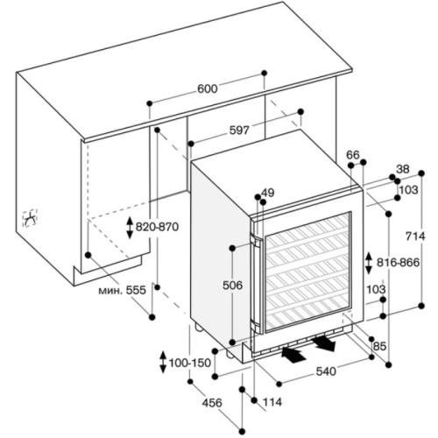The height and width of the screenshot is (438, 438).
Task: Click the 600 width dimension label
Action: point(208,88)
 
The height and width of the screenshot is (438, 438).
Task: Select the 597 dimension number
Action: point(239,131)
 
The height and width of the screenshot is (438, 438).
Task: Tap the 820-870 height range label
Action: point(157,227)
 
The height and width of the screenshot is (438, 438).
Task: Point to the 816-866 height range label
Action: point(398,263)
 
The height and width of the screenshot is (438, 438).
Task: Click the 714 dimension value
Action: point(415,236)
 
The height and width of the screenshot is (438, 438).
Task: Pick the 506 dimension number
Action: point(232,285)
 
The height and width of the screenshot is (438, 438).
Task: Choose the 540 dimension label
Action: point(326,371)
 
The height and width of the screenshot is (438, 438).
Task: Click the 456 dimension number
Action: point(212,403)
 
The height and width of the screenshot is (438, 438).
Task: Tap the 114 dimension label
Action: point(272,402)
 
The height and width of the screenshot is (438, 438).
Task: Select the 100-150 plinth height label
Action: point(190,363)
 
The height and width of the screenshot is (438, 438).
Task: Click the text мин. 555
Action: point(122,290)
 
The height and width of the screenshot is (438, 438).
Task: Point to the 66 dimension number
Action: point(353,155)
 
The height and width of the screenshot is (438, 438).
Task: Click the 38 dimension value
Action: point(403,169)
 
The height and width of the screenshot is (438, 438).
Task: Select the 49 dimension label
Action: point(268,193)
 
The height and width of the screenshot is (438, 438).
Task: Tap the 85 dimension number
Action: point(380,346)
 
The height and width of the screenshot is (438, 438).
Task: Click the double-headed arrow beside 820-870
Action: point(130,228)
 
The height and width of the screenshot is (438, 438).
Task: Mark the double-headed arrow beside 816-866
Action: point(369,263)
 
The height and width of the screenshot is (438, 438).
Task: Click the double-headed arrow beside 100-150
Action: point(163,363)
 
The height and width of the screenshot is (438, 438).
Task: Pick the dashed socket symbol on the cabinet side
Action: point(31,218)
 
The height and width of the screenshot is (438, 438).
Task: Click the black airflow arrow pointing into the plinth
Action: point(294,354)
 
